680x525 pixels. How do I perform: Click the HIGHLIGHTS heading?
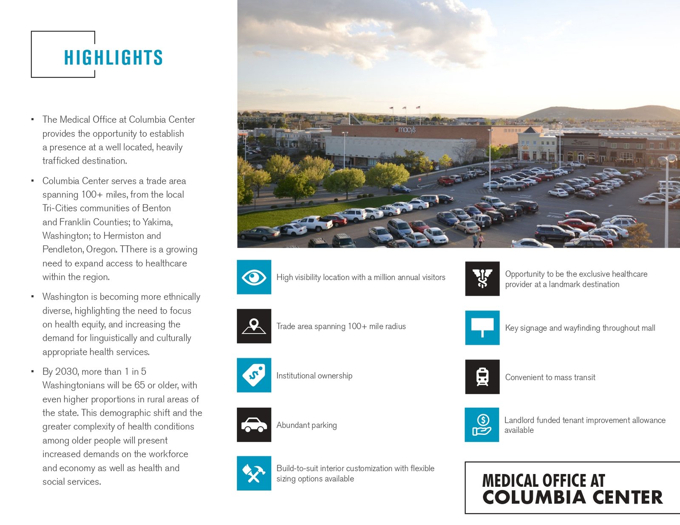pyautogui.click(x=113, y=58)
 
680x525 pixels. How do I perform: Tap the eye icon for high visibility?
pyautogui.click(x=254, y=277)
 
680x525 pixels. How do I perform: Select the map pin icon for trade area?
pyautogui.click(x=254, y=326)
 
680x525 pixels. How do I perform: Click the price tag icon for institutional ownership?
pyautogui.click(x=254, y=375)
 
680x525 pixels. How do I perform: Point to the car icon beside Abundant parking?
pyautogui.click(x=254, y=425)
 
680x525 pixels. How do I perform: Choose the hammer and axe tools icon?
pyautogui.click(x=254, y=473)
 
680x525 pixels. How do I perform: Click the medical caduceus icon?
pyautogui.click(x=482, y=279)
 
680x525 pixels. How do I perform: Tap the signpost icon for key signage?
pyautogui.click(x=482, y=327)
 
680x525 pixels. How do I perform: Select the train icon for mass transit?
pyautogui.click(x=482, y=377)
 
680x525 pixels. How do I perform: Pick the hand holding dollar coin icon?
pyautogui.click(x=482, y=425)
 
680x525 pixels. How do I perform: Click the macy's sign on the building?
pyautogui.click(x=407, y=130)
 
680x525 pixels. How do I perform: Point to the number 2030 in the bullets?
pyautogui.click(x=67, y=372)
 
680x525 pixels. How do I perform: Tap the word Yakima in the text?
pyautogui.click(x=157, y=222)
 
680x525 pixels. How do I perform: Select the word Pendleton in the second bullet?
pyautogui.click(x=62, y=249)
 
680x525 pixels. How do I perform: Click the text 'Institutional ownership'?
pyautogui.click(x=314, y=375)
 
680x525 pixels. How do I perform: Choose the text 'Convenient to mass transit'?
pyautogui.click(x=550, y=377)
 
